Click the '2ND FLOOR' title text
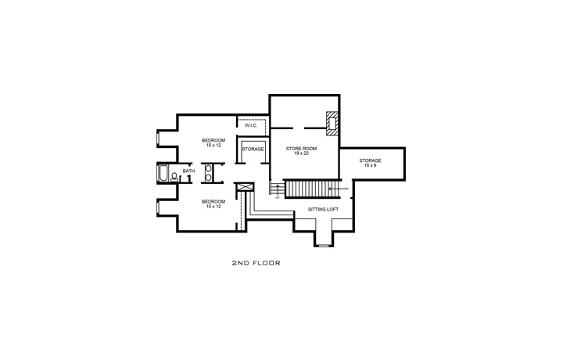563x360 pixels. pos(256,264)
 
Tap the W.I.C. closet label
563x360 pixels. pos(251,125)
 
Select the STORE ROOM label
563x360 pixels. pos(300,148)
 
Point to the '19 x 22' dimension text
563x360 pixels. pos(300,153)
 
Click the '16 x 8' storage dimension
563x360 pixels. pos(370,166)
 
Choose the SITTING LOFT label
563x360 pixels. pos(323,210)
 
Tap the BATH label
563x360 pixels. pos(188,171)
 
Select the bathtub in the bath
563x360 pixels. pos(162,173)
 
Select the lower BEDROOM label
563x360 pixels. pos(213,201)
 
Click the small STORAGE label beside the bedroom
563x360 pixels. pos(252,149)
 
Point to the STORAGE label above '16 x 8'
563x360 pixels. pos(370,160)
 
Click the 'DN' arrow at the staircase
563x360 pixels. pos(340,189)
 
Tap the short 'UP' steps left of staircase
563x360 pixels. pos(276,191)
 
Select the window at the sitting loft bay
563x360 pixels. pos(323,245)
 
